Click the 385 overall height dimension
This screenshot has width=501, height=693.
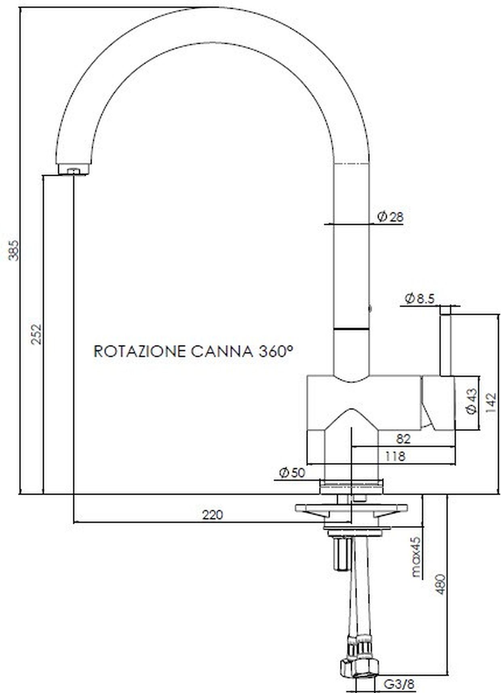pyautogui.click(x=13, y=250)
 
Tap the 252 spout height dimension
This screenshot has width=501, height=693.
pyautogui.click(x=37, y=333)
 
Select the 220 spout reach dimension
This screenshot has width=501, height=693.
pyautogui.click(x=213, y=515)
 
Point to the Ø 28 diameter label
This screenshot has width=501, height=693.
pyautogui.click(x=390, y=217)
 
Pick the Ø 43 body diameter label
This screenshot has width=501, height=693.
pyautogui.click(x=472, y=402)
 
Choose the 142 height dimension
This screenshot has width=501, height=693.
pyautogui.click(x=491, y=403)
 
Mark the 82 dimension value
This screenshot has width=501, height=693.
pyautogui.click(x=404, y=439)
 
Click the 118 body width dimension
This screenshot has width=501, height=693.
pyautogui.click(x=394, y=456)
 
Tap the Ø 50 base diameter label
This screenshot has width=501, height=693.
pyautogui.click(x=292, y=473)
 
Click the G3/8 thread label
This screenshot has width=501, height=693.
pyautogui.click(x=399, y=685)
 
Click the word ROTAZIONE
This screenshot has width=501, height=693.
pyautogui.click(x=139, y=351)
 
